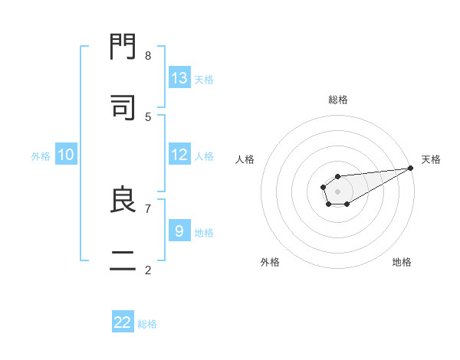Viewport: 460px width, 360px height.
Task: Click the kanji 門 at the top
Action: [123, 47]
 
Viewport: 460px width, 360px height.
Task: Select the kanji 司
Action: [123, 108]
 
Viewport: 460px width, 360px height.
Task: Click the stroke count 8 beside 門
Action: [148, 55]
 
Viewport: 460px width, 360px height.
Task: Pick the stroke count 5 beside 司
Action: [148, 116]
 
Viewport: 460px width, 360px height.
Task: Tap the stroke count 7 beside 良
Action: [148, 208]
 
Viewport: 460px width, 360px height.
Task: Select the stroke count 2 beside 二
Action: [148, 270]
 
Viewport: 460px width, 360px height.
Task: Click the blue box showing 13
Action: [179, 78]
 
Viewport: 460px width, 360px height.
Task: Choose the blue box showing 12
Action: [179, 155]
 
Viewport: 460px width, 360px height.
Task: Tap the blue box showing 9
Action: [179, 231]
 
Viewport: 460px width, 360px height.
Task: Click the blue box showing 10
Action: [66, 155]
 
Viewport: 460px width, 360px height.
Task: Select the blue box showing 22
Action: [123, 322]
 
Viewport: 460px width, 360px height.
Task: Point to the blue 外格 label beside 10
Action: [41, 156]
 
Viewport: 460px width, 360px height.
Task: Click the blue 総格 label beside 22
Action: [147, 324]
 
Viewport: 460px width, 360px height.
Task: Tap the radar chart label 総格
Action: [338, 100]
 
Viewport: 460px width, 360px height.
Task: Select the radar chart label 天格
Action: [431, 159]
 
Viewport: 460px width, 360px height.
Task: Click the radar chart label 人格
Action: [245, 159]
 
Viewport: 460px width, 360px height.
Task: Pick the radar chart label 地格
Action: [402, 262]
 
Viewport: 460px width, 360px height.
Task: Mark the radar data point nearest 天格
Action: [411, 168]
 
